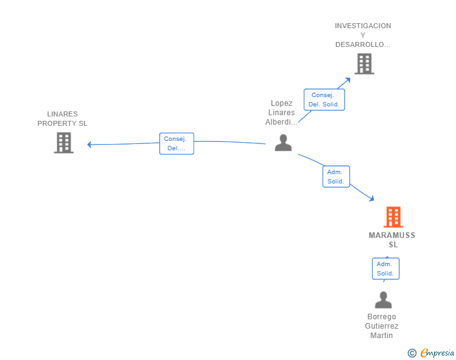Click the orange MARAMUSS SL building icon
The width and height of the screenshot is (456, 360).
(393, 217)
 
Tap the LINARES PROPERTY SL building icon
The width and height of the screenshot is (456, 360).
(64, 143)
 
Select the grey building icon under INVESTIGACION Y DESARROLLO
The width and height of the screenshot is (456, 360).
(364, 64)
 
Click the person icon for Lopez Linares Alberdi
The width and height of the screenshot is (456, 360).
(283, 143)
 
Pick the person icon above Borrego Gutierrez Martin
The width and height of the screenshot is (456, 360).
(383, 300)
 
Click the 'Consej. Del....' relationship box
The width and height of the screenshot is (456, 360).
(177, 143)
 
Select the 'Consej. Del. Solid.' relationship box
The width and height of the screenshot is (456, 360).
(324, 100)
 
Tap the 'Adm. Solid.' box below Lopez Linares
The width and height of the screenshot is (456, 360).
(336, 177)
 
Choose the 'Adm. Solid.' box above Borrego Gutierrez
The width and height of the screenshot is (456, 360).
(386, 269)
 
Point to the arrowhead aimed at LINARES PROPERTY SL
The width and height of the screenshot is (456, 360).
(90, 144)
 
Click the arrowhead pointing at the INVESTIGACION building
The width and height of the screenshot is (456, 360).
(348, 80)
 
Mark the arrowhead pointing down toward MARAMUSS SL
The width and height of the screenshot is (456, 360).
(371, 198)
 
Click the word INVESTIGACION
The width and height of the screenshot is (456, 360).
(363, 26)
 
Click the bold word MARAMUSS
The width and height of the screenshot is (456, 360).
(391, 235)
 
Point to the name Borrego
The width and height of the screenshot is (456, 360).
(381, 316)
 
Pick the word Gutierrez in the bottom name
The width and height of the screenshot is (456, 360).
(381, 326)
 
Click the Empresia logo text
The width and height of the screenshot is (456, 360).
(437, 352)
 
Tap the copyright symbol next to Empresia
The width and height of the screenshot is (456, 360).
(412, 353)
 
